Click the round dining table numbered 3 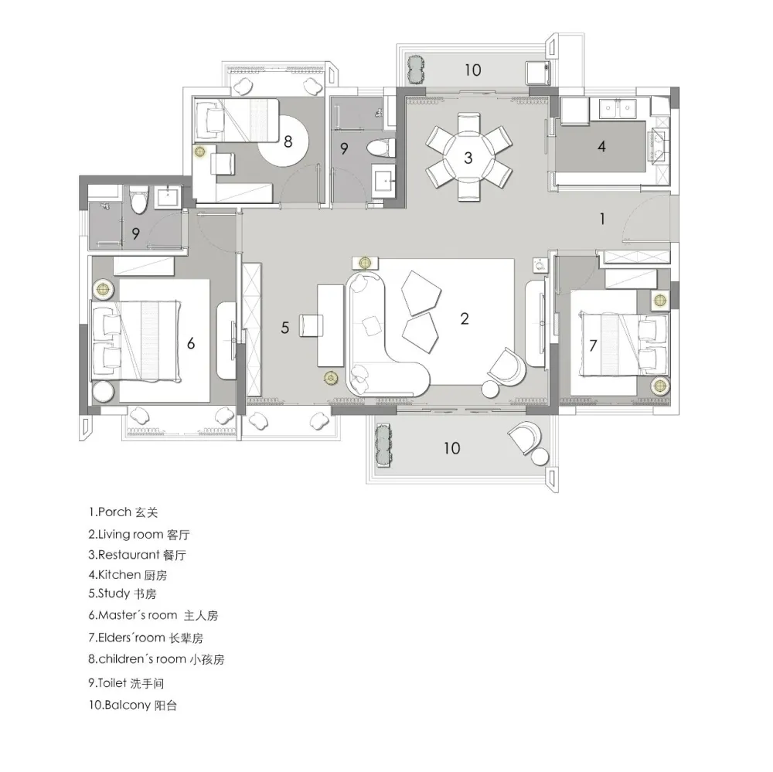(x=468, y=158)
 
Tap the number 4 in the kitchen (x=601, y=146)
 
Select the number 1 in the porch (x=602, y=219)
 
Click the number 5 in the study (x=285, y=328)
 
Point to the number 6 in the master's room (x=191, y=343)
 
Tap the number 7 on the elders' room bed (x=593, y=345)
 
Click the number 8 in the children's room (x=288, y=142)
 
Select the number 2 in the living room (x=465, y=318)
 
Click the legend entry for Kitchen (x=128, y=575)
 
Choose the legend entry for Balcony (x=132, y=705)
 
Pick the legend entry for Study (x=122, y=593)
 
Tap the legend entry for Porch (x=123, y=512)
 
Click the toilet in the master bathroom (x=138, y=199)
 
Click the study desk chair (x=311, y=326)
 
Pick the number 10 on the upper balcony (x=473, y=70)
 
